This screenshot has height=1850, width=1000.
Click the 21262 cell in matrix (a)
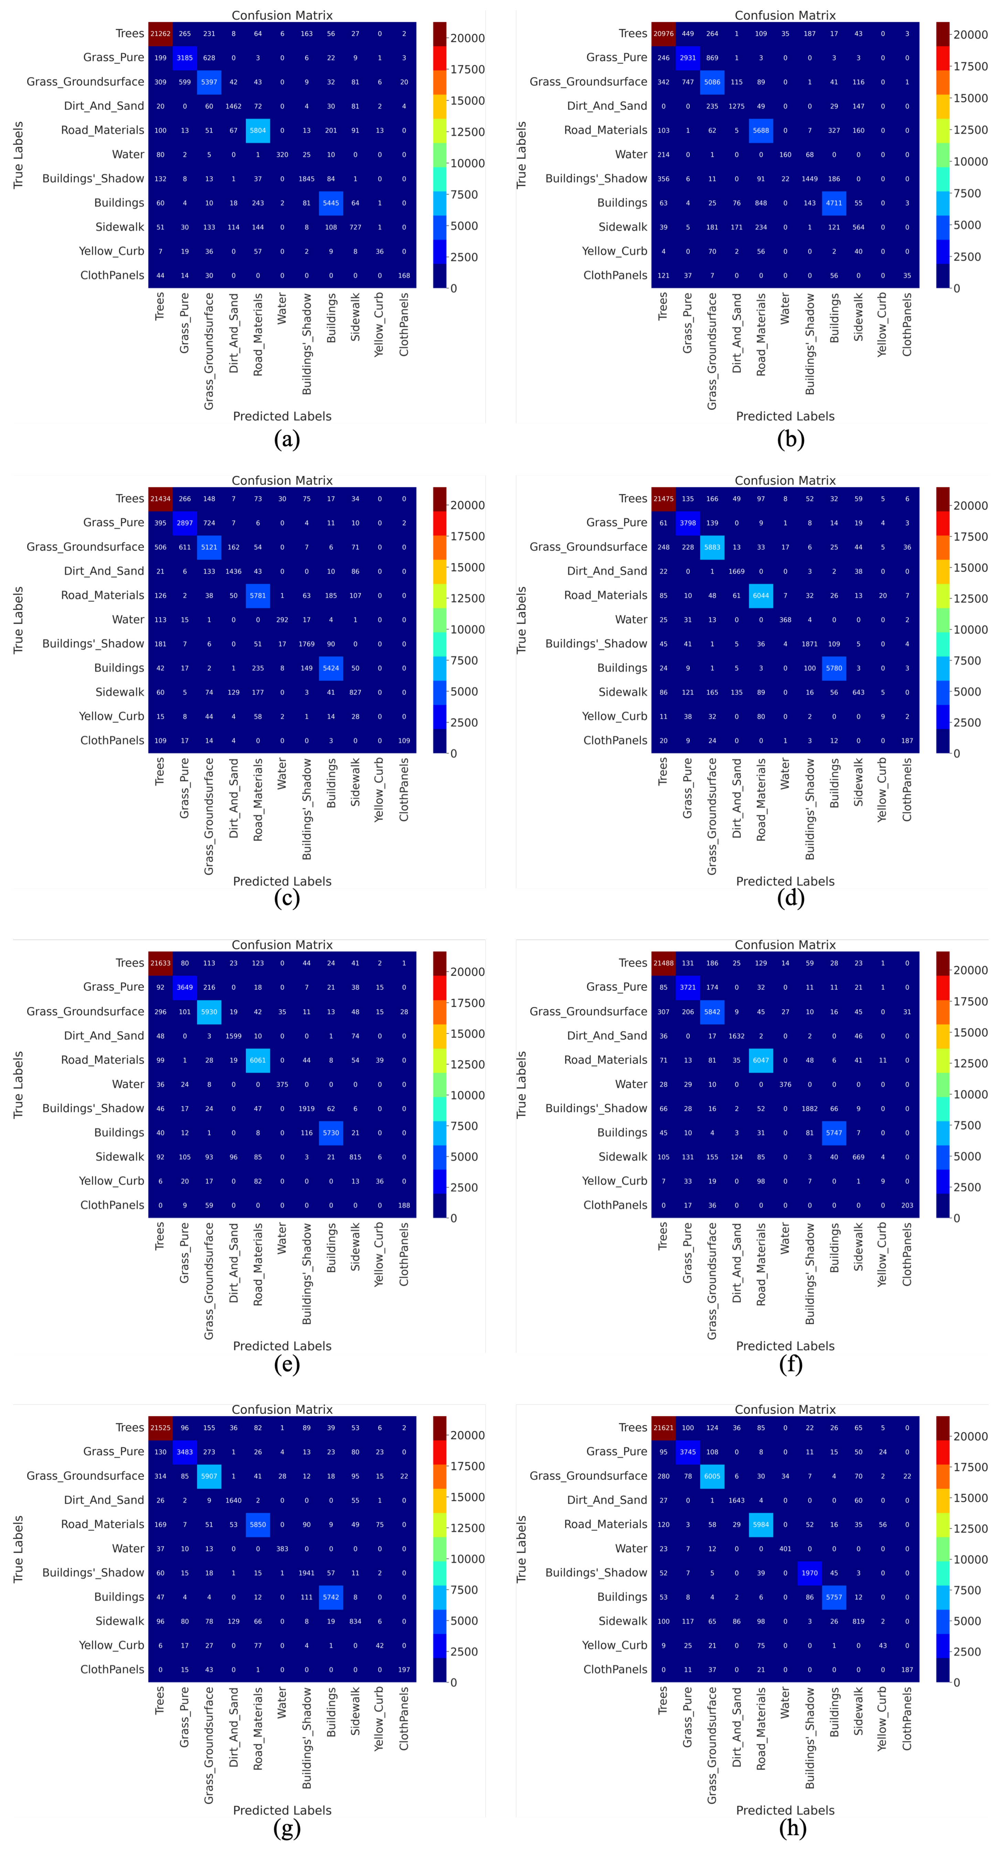pyautogui.click(x=160, y=34)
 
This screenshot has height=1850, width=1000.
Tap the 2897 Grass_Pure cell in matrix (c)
pyautogui.click(x=185, y=523)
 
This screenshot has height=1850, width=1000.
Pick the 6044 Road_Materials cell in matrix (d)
pyautogui.click(x=761, y=595)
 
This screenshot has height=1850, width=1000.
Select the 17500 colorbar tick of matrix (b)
pyautogui.click(x=970, y=66)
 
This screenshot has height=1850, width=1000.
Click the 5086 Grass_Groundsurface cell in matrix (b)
pyautogui.click(x=712, y=82)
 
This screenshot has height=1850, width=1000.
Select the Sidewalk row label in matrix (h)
pyautogui.click(x=623, y=1621)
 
